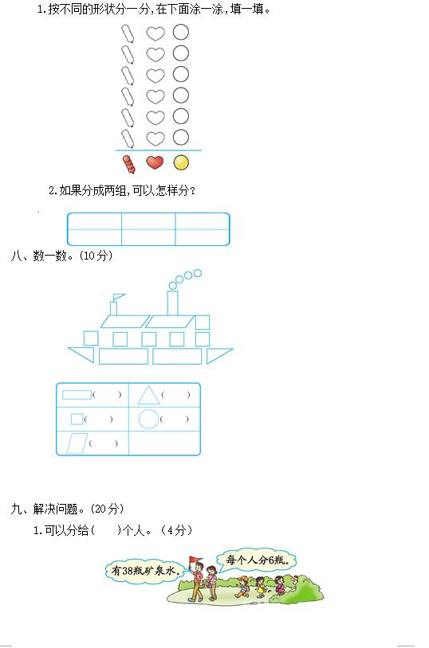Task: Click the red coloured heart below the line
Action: point(155,162)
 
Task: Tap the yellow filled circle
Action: point(181,163)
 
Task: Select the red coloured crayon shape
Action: point(129,164)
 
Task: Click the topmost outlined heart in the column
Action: point(155,33)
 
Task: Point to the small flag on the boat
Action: point(119,297)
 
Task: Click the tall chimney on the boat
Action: point(173,303)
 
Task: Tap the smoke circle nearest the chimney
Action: point(173,286)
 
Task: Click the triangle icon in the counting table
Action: point(148,396)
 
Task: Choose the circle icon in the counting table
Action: point(148,419)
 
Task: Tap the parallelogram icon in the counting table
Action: point(77,443)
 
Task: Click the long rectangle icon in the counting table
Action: point(77,395)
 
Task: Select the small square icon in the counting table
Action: point(77,419)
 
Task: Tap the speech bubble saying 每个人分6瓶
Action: point(258,560)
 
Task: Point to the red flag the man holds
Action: point(194,560)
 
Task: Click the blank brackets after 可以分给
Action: point(105,530)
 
